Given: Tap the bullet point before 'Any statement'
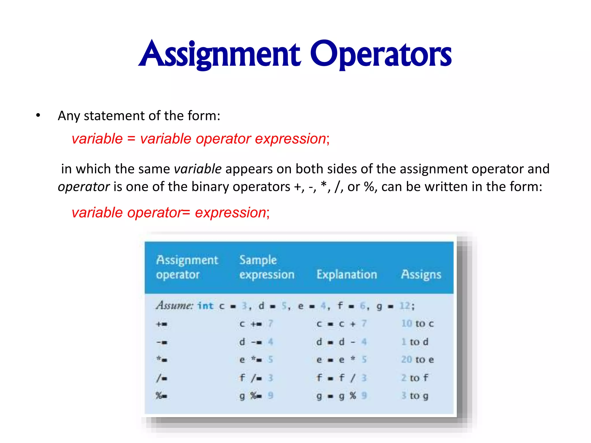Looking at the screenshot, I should click(x=38, y=116).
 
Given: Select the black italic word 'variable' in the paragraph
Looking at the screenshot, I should click(x=198, y=169).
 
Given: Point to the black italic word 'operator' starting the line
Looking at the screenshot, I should click(x=84, y=187).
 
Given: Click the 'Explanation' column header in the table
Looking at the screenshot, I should click(x=347, y=274).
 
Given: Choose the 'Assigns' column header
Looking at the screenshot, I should click(x=421, y=274).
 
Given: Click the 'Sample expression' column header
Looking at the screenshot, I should click(x=267, y=267).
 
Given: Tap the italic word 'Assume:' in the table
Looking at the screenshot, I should click(x=175, y=305).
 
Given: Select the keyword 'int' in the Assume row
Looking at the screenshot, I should click(x=205, y=306).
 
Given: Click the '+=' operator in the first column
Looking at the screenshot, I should click(x=162, y=324).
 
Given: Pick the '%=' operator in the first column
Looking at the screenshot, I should click(x=161, y=396).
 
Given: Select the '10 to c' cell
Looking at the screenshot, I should click(x=417, y=324).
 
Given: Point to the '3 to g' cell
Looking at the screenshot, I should click(x=415, y=396).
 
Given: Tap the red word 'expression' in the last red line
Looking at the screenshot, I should click(x=230, y=213).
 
